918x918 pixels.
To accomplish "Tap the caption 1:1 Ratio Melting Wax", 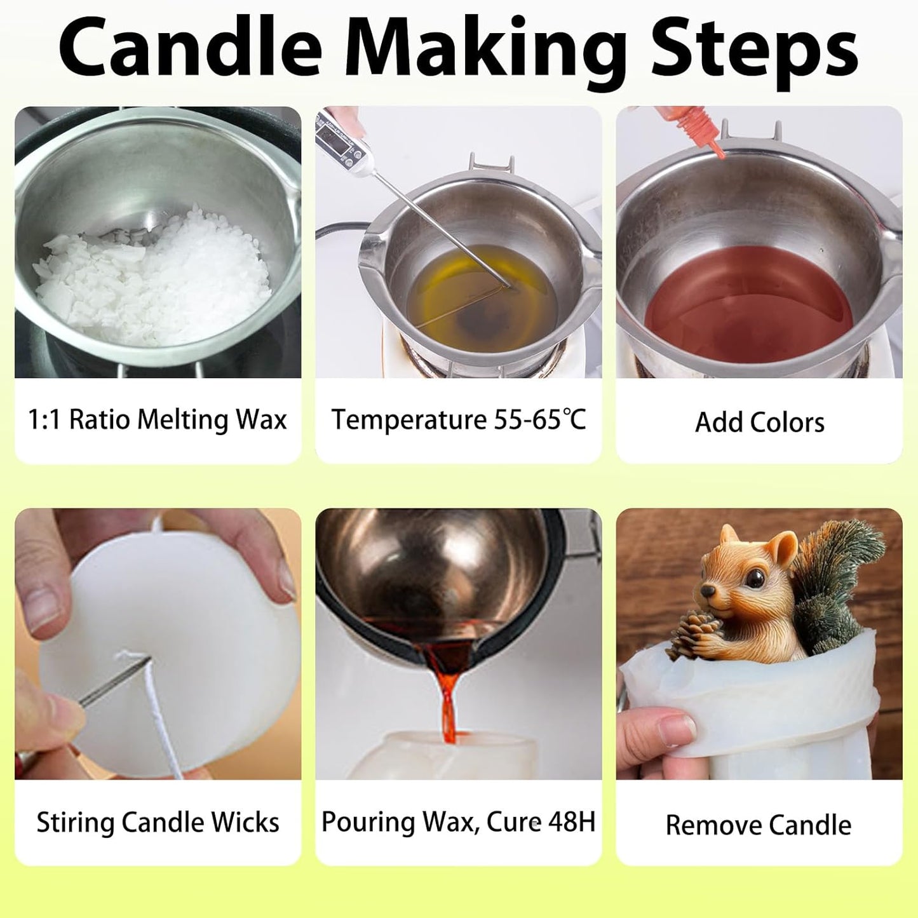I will tap(157, 420).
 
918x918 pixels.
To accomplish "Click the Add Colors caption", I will tap(759, 422).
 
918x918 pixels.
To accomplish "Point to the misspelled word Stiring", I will tap(76, 822).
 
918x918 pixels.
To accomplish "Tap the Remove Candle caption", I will tap(758, 825).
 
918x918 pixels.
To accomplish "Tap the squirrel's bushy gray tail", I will tap(839, 572).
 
